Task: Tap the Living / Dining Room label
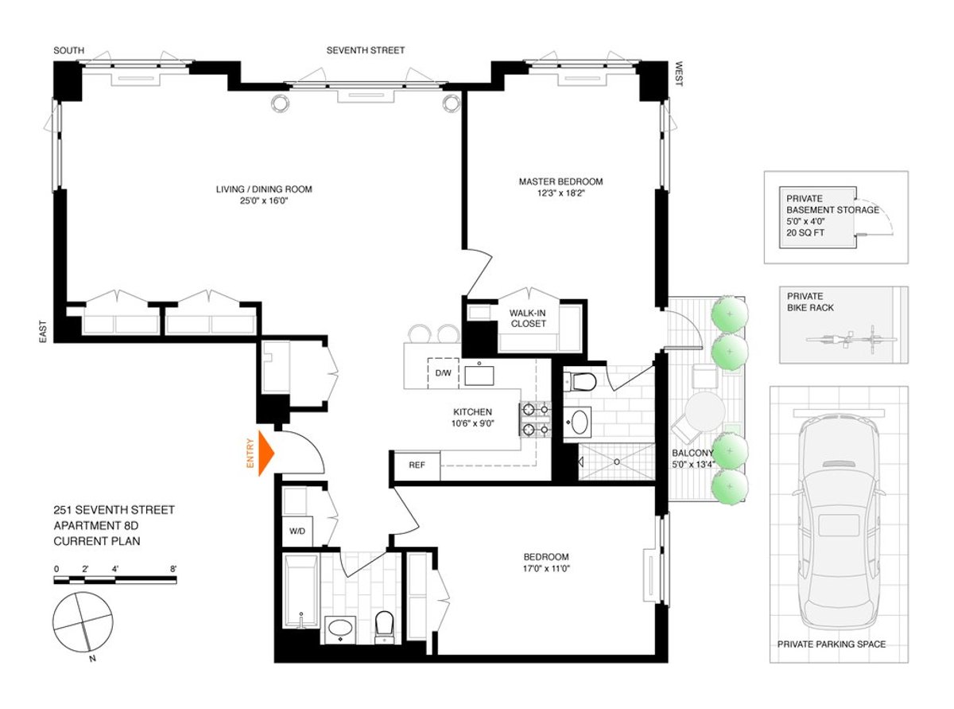point(264,189)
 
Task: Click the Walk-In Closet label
point(527,318)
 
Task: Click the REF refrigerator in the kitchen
point(415,466)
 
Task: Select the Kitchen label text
point(472,411)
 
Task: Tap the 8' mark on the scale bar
point(173,569)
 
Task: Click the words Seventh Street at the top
point(365,50)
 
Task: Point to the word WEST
point(679,76)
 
